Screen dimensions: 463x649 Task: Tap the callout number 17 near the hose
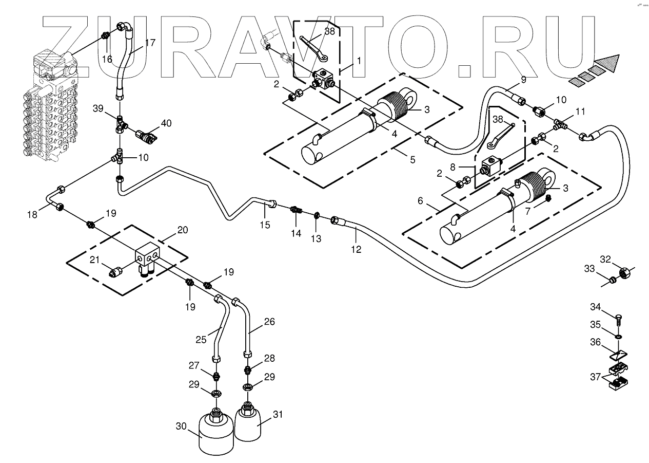(x=150, y=43)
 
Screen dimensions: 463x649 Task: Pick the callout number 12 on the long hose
(x=356, y=249)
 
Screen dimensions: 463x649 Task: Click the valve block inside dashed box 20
(x=148, y=257)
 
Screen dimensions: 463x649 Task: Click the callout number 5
(x=412, y=159)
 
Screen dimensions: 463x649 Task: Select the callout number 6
(x=421, y=201)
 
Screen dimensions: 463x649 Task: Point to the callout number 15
(x=265, y=225)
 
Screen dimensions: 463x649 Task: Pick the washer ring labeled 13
(x=317, y=214)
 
